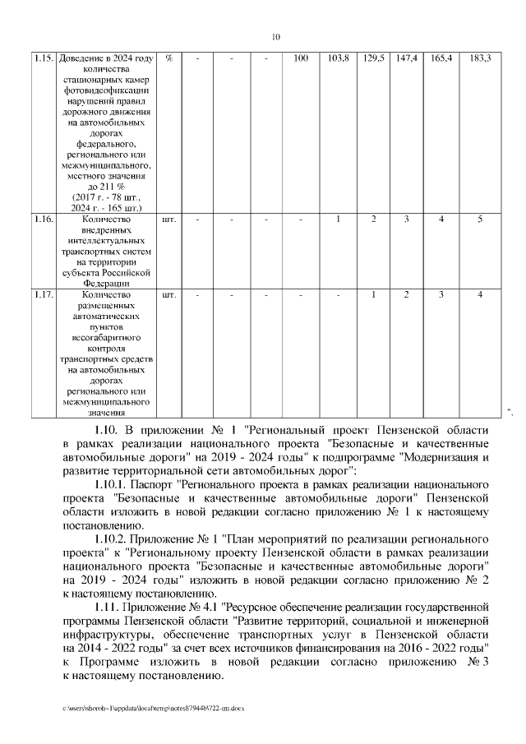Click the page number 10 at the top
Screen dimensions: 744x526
276,36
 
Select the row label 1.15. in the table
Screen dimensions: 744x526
44,58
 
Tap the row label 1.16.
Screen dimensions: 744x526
44,220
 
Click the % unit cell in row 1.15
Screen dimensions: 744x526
168,58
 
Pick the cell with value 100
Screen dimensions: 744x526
301,58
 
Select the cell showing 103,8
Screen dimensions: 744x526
338,58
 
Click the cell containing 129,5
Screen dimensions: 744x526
373,58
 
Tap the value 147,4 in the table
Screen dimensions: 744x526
406,58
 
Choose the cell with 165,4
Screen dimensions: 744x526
441,58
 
